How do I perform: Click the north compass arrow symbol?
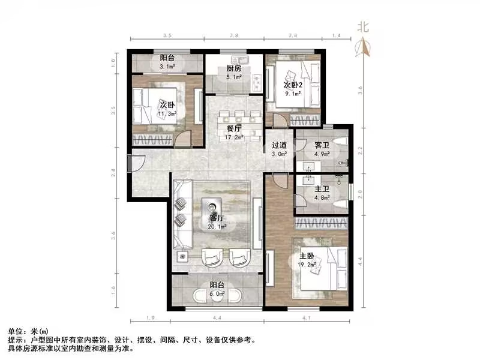pyautogui.click(x=362, y=46)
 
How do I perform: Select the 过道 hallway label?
pyautogui.click(x=279, y=145)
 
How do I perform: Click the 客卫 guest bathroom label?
pyautogui.click(x=321, y=145)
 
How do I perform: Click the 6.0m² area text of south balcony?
pyautogui.click(x=217, y=294)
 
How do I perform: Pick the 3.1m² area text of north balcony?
pyautogui.click(x=167, y=67)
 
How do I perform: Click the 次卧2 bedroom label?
pyautogui.click(x=293, y=85)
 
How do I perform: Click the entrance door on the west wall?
pyautogui.click(x=134, y=163)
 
